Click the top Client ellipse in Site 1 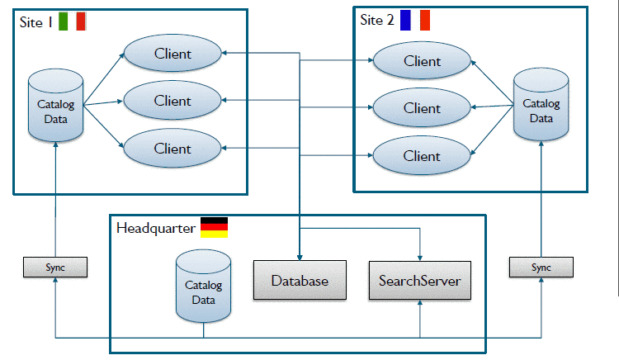click(172, 54)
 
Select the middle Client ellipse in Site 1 click(172, 101)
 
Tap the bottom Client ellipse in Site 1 click(172, 149)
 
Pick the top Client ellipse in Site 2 click(422, 61)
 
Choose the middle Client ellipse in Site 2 click(422, 108)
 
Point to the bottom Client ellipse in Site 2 click(422, 155)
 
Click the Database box click(300, 281)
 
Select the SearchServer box click(420, 281)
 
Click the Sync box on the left click(54, 268)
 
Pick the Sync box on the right click(541, 268)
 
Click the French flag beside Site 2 click(414, 20)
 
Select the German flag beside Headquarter click(215, 227)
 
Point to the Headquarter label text click(156, 228)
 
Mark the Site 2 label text click(377, 20)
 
